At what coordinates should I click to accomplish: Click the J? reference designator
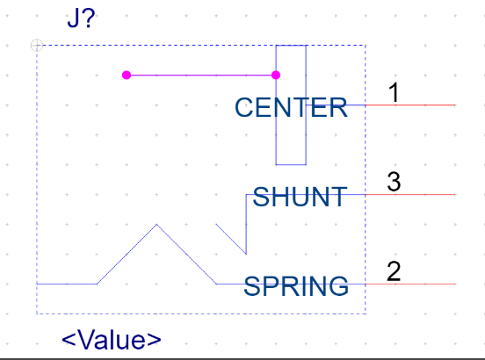[81, 18]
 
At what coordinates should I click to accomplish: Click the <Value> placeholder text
[112, 340]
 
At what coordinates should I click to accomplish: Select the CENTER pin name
[291, 107]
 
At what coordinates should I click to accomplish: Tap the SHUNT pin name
[300, 197]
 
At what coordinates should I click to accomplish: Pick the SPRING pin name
[296, 286]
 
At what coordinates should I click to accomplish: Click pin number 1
[394, 92]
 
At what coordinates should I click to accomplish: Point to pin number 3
[394, 182]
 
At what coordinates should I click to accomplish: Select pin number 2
[394, 271]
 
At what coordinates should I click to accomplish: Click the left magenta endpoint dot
[127, 76]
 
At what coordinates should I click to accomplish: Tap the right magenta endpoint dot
[276, 76]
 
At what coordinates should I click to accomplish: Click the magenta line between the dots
[201, 76]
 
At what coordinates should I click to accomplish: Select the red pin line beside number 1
[410, 105]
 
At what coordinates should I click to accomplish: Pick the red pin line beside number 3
[410, 195]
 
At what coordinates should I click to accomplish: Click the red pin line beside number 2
[410, 284]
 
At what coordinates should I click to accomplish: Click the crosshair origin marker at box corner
[37, 45]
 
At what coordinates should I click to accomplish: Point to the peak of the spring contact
[156, 225]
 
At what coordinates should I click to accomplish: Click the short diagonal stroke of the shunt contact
[231, 239]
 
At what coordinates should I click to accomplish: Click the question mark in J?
[89, 18]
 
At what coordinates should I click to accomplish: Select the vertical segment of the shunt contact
[246, 225]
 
